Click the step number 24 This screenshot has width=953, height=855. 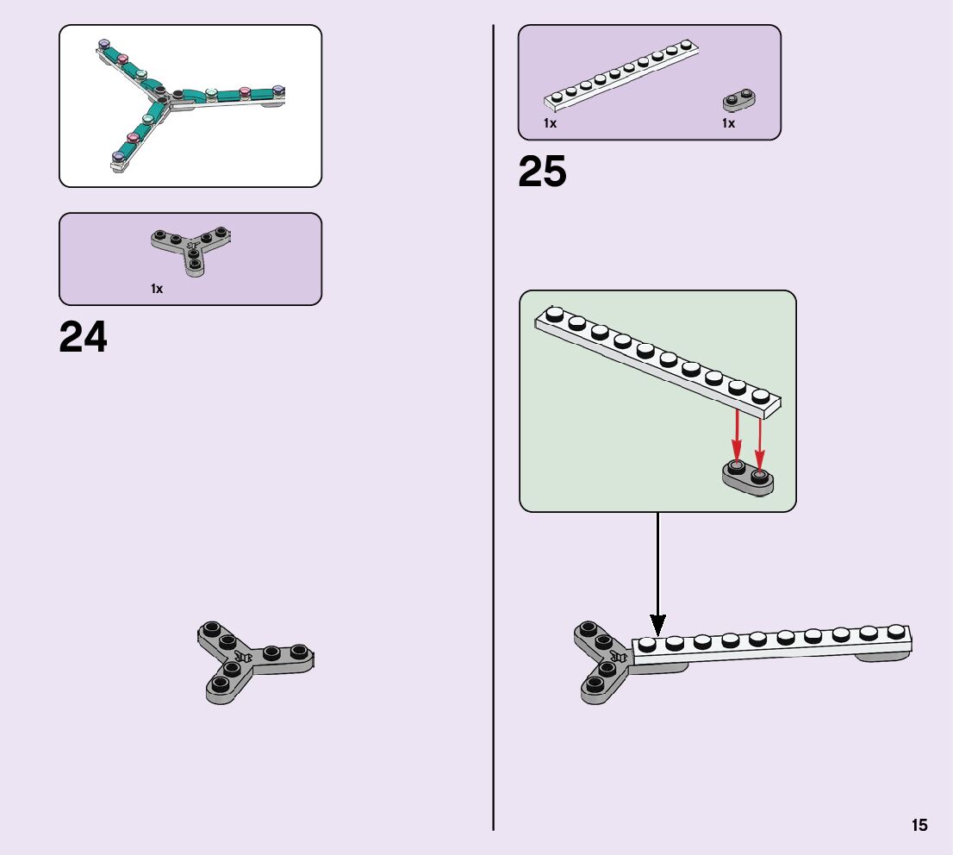[84, 337]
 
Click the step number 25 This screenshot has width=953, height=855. [542, 172]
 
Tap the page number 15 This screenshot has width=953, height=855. [919, 825]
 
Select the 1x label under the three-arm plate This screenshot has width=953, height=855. [157, 289]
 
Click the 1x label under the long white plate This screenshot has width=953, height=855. [550, 123]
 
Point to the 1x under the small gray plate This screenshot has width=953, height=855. [728, 123]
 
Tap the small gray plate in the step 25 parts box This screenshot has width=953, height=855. [738, 102]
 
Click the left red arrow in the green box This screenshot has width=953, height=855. [738, 436]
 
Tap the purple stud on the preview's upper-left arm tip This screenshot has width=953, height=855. [105, 45]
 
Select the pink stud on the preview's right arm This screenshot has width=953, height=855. [245, 91]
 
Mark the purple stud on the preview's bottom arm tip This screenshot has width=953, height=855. [118, 157]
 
